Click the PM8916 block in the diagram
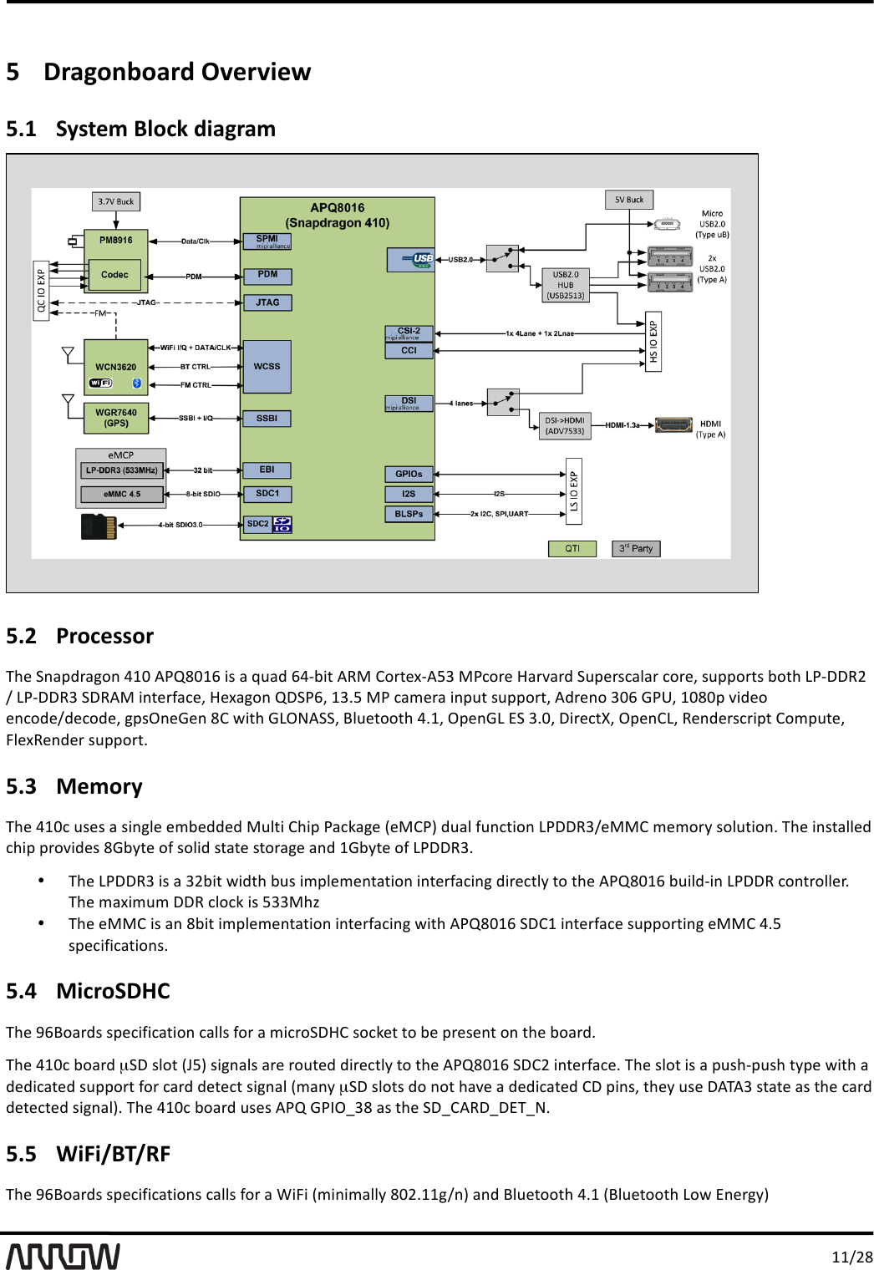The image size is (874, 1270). [116, 240]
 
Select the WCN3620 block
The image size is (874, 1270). [116, 367]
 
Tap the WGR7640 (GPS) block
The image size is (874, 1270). [116, 418]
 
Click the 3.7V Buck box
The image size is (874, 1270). [115, 201]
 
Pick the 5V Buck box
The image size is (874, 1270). [629, 200]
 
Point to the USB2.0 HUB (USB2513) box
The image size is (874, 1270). [566, 285]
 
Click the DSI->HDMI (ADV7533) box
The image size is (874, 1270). [565, 426]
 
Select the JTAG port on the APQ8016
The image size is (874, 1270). [267, 302]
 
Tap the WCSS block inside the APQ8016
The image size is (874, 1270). [267, 367]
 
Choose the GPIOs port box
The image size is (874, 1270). [409, 474]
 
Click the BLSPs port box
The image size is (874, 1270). [409, 514]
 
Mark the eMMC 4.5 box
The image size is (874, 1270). [122, 495]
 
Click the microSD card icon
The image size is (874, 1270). [99, 526]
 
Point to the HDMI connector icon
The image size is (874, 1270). [673, 425]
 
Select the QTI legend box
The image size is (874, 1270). [572, 549]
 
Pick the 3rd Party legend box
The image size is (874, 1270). [636, 549]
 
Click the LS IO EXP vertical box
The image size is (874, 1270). [574, 491]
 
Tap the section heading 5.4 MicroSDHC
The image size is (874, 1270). [88, 991]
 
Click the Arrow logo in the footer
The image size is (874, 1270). [64, 1256]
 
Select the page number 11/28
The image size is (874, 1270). [851, 1257]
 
